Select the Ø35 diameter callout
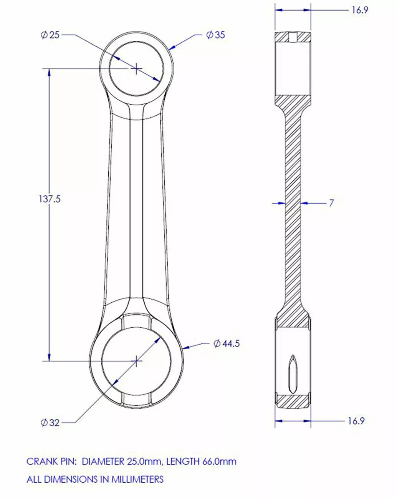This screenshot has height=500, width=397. tap(215, 35)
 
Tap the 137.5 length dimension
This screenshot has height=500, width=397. tap(50, 199)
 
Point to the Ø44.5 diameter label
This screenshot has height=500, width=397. tap(227, 343)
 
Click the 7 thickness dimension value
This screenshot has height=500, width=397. tap(331, 203)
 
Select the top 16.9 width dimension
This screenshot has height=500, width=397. tap(360, 10)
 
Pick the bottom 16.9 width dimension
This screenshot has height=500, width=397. tap(356, 421)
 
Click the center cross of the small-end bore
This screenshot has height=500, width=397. tap(136, 68)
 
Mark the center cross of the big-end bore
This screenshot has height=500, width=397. tap(136, 361)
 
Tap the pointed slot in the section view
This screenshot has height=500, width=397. tap(293, 374)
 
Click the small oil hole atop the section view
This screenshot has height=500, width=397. tap(293, 37)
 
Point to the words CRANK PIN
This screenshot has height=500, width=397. tap(51, 462)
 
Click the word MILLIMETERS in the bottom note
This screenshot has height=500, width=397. tap(137, 480)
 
